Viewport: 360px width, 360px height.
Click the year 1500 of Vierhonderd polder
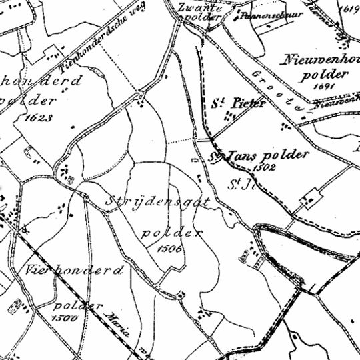pyautogui.click(x=66, y=318)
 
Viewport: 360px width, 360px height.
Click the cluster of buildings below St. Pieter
pyautogui.click(x=229, y=117)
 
